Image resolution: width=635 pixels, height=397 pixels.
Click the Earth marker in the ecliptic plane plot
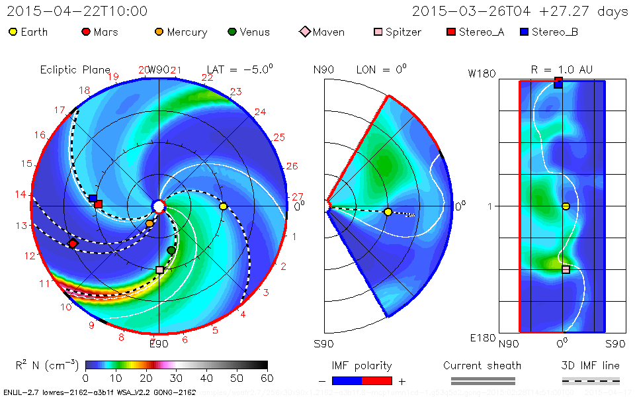223,206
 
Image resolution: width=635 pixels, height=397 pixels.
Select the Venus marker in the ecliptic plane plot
171,250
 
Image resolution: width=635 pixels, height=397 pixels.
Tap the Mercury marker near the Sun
149,224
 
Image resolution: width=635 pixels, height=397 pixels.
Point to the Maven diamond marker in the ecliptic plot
73,243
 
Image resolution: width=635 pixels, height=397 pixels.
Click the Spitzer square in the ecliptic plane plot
159,270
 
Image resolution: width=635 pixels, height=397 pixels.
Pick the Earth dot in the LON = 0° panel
388,212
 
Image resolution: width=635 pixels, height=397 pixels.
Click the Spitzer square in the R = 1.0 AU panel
566,269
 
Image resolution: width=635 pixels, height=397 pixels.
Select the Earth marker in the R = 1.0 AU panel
566,206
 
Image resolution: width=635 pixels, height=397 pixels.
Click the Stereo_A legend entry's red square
452,32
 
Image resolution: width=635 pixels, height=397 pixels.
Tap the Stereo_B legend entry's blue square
525,32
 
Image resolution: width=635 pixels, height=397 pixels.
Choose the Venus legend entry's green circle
232,32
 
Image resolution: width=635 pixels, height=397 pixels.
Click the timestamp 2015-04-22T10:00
77,11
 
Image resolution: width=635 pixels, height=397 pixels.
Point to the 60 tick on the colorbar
267,378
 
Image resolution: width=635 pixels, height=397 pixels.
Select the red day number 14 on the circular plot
22,195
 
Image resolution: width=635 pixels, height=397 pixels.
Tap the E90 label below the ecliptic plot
159,343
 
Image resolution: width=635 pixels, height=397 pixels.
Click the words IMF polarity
362,365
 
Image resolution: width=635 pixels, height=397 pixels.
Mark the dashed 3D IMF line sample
591,381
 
